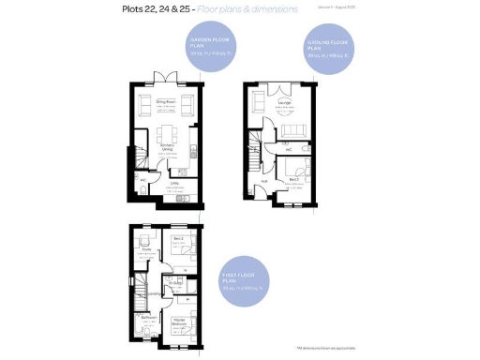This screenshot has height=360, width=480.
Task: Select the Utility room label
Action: (x=174, y=184)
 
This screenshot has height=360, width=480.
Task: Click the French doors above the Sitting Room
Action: (x=167, y=79)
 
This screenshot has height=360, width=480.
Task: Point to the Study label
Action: (x=147, y=248)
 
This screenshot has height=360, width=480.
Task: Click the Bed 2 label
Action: (x=177, y=240)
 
